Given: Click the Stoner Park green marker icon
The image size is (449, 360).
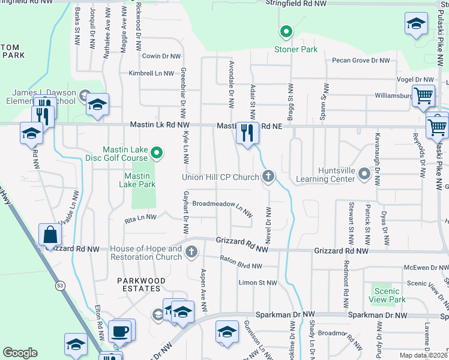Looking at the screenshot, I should (286, 32).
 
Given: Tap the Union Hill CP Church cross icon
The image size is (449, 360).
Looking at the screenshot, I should (268, 176).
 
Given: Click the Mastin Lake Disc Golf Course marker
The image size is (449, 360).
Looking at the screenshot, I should (156, 154).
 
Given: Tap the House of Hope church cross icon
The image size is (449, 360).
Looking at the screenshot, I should (191, 252).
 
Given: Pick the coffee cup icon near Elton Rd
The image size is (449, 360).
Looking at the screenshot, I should (119, 331).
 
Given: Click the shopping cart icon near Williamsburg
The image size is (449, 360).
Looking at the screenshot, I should (424, 95).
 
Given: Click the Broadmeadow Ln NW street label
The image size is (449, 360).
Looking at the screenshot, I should (221, 204).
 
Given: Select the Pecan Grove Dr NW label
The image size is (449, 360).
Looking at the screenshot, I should (361, 61).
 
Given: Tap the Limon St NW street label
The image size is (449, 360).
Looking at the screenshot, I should (258, 283).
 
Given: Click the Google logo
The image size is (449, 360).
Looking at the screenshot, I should (20, 353).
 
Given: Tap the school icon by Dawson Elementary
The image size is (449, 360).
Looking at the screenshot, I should (97, 104).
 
